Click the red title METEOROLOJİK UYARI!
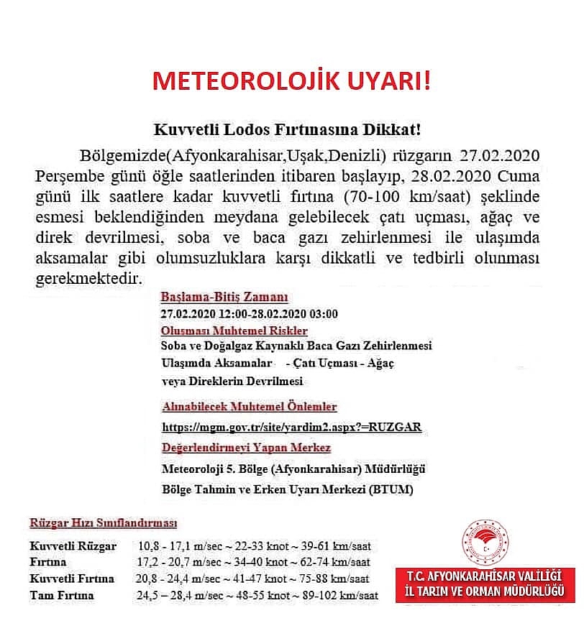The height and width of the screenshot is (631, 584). click(x=291, y=81)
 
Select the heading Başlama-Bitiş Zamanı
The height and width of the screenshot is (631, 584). click(x=224, y=297)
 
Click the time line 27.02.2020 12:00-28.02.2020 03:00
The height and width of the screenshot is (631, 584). click(x=249, y=314)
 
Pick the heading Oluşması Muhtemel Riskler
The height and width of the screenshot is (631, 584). click(x=234, y=331)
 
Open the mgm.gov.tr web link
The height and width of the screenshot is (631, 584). click(x=291, y=427)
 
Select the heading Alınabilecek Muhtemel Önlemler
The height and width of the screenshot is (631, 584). click(x=249, y=407)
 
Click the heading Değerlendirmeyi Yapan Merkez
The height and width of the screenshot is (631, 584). click(x=246, y=448)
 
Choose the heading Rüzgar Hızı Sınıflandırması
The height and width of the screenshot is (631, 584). click(x=103, y=523)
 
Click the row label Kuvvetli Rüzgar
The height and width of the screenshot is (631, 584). click(x=73, y=547)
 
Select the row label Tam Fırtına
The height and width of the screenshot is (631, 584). click(x=62, y=596)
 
